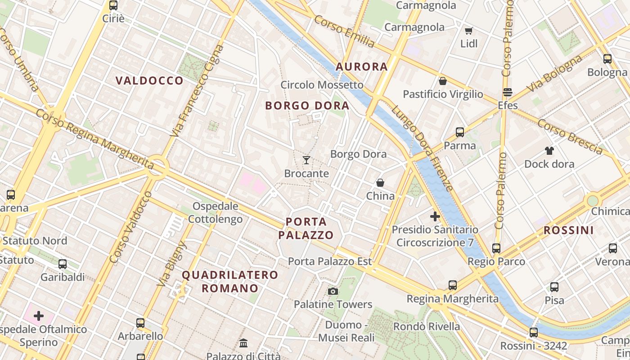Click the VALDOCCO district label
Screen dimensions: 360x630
[x=149, y=81]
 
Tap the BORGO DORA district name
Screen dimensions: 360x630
[x=307, y=106]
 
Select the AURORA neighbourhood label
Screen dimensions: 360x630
[x=362, y=67]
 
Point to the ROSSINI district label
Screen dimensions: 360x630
[x=569, y=230]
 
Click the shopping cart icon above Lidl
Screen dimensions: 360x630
[x=468, y=31]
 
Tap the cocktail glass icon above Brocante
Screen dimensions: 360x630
[x=306, y=160]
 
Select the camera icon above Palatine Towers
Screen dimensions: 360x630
[x=333, y=291]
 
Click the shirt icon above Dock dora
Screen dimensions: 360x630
[x=549, y=150]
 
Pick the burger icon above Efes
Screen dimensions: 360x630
[x=508, y=92]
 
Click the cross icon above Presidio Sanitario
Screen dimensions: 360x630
[x=435, y=216]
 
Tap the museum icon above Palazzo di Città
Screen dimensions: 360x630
[x=243, y=343]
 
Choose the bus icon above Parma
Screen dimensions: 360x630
[x=459, y=132]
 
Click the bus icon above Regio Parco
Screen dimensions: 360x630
[x=496, y=248]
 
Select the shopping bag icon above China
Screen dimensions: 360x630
[x=380, y=183]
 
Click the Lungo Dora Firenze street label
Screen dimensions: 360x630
[x=422, y=147]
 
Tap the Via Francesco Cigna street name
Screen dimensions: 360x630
[x=197, y=90]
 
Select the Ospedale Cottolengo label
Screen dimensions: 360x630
[x=215, y=213]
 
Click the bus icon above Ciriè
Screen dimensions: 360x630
[x=113, y=5]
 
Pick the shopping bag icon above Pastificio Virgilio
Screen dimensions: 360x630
[x=443, y=81]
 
